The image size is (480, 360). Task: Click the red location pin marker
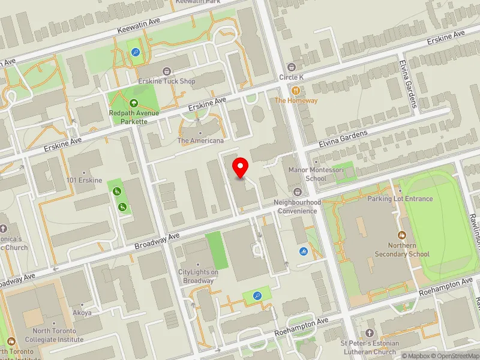pos(241,167)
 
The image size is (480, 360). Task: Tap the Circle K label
pos(292,77)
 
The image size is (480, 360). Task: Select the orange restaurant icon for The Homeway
pos(296,90)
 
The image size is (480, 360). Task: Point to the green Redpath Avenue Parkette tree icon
pos(133,103)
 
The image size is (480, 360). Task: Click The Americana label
pos(200,141)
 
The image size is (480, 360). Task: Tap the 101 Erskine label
pos(85,180)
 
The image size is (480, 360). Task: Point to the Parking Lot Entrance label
pos(400,199)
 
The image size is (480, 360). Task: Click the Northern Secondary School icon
pos(403,235)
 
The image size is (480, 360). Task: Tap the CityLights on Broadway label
pos(199,276)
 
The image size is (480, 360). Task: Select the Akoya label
pos(82,313)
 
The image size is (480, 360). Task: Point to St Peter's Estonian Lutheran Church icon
pos(370,332)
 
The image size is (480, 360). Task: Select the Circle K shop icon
pos(292,67)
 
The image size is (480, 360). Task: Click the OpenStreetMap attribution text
pos(455,356)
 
